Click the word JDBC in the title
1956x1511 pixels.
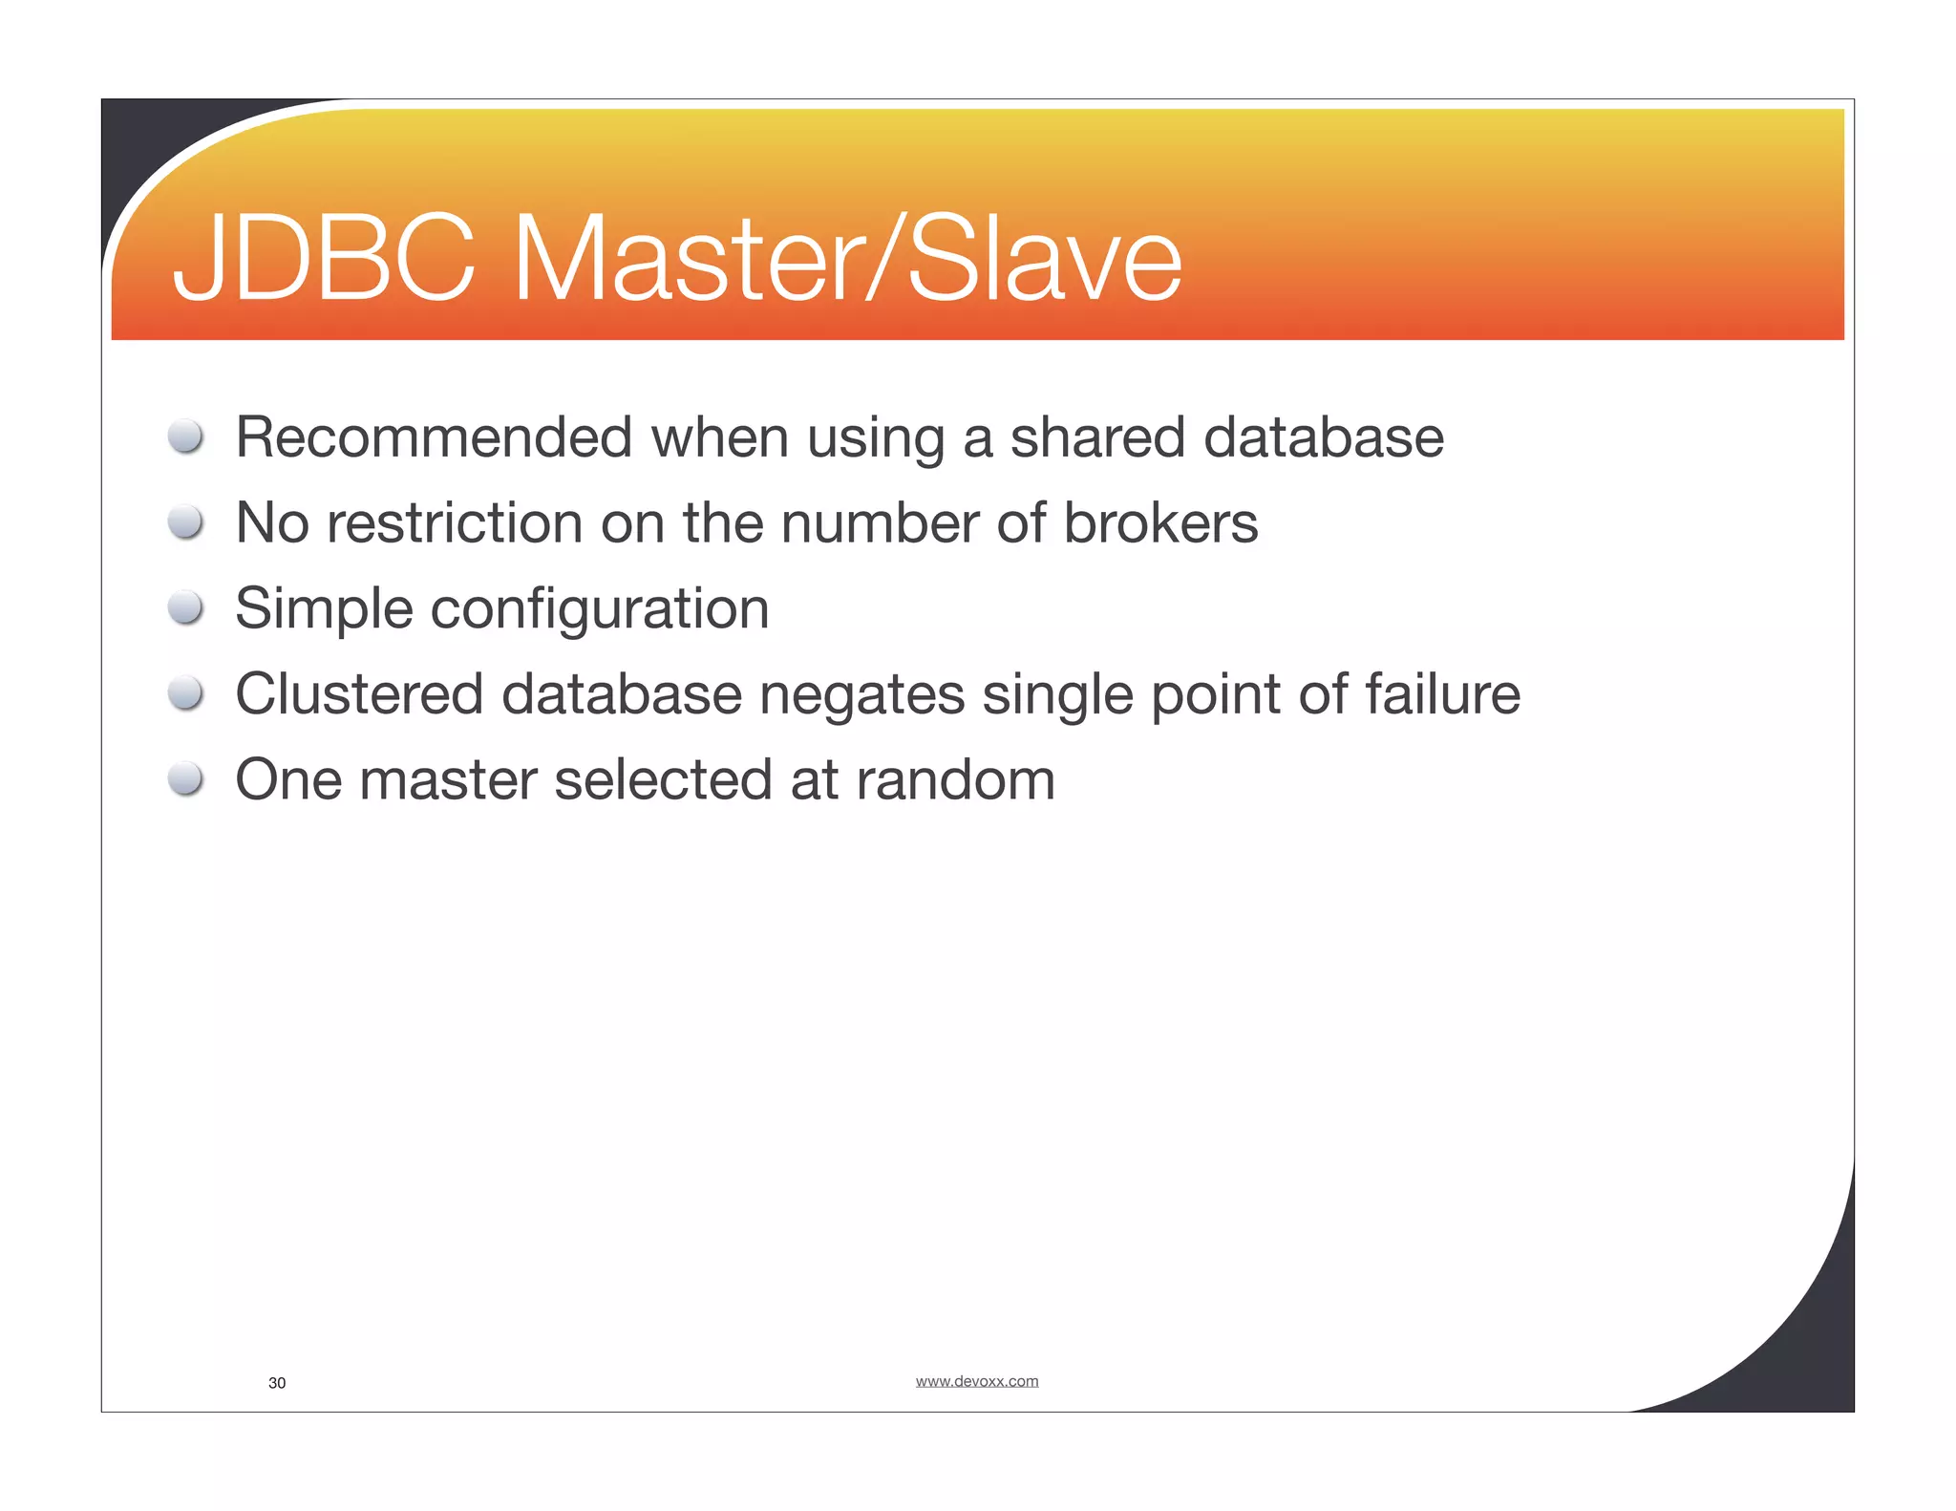click(x=323, y=259)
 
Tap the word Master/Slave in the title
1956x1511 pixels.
click(x=847, y=259)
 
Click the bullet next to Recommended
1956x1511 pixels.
click(x=185, y=436)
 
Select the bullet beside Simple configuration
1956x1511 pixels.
click(x=185, y=607)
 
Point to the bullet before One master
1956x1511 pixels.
click(x=185, y=778)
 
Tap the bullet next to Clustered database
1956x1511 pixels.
click(x=185, y=693)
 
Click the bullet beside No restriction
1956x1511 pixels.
click(x=185, y=522)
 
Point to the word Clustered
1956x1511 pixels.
click(x=358, y=694)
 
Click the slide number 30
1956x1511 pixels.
click(x=277, y=1383)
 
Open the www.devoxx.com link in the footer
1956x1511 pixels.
click(x=976, y=1381)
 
